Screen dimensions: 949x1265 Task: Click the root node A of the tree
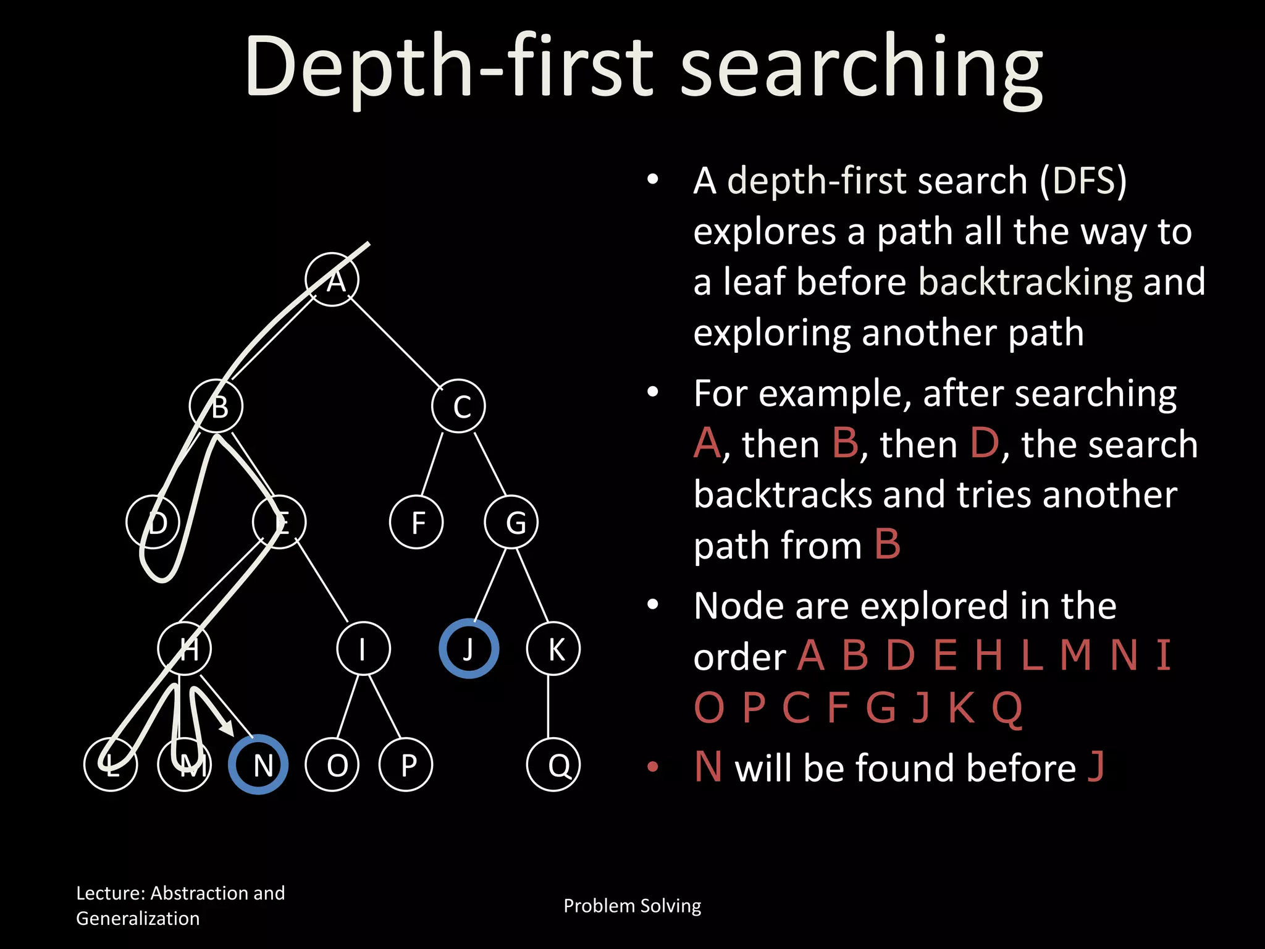coord(332,280)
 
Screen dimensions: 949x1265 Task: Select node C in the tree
coord(458,407)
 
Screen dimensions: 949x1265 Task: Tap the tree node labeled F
coord(416,522)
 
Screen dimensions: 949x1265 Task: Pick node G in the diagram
coord(511,522)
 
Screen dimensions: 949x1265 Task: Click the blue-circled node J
coord(469,649)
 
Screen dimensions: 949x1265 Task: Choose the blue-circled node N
coord(258,764)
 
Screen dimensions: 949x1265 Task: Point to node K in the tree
coord(553,649)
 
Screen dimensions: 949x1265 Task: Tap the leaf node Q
coord(553,764)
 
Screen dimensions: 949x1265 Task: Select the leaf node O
coord(332,764)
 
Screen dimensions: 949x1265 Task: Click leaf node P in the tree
coord(406,764)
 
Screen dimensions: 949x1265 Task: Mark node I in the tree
coord(363,649)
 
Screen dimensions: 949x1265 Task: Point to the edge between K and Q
coord(548,706)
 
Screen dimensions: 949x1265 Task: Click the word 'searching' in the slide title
coord(862,68)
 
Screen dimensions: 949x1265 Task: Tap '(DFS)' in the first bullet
coord(1083,181)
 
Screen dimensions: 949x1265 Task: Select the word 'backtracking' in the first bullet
coord(1025,282)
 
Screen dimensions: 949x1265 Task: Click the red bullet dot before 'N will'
coord(653,767)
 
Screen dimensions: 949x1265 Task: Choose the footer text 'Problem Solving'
coord(632,906)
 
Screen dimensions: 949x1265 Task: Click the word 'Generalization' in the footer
coord(138,919)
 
